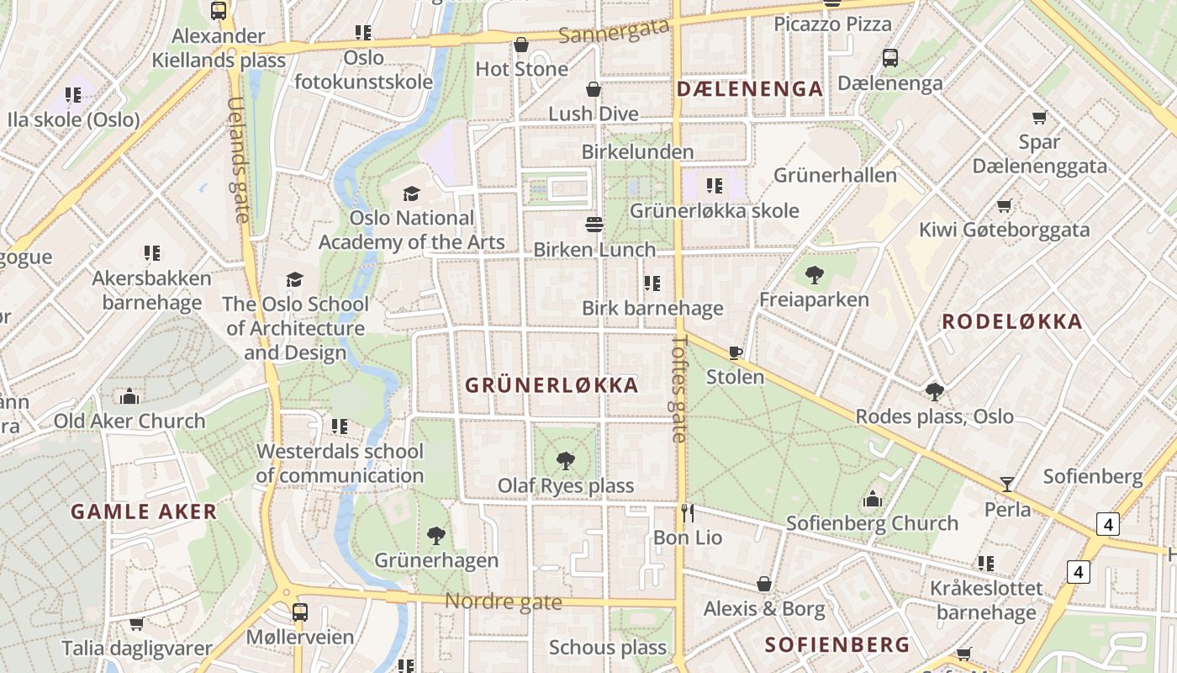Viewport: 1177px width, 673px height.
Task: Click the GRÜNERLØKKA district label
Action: (552, 385)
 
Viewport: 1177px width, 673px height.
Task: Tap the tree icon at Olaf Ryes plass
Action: (566, 460)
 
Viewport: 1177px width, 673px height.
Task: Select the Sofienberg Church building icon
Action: (872, 499)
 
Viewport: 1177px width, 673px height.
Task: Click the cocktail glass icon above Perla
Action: (1006, 484)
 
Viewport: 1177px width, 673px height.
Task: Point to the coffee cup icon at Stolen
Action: (736, 352)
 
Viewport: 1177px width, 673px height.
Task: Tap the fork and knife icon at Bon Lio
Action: (688, 512)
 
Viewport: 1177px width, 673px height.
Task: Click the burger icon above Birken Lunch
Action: (594, 225)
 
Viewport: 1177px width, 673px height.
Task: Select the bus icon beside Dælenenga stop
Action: (890, 58)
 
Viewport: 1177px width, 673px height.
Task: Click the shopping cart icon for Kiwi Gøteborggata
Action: (1004, 205)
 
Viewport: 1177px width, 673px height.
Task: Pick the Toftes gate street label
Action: (680, 389)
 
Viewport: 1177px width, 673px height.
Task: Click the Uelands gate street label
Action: (238, 160)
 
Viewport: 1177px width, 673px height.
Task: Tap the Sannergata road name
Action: (615, 31)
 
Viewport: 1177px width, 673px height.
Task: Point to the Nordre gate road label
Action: (503, 601)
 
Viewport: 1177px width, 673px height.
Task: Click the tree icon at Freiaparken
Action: (814, 274)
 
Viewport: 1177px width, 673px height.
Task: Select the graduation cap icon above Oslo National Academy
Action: (411, 193)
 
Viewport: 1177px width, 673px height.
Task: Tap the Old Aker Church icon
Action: (129, 395)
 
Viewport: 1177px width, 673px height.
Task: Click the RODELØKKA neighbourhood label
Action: (1012, 321)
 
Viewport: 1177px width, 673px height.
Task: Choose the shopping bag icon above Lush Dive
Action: (594, 89)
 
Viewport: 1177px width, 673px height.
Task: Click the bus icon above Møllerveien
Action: (300, 612)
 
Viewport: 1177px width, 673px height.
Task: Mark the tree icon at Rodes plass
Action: (934, 391)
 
